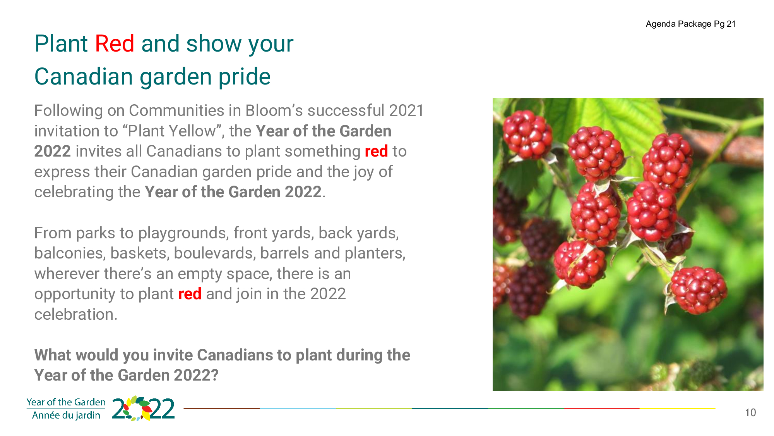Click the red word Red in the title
[115, 43]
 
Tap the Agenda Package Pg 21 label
[691, 24]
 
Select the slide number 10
[750, 413]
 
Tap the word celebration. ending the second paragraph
[76, 314]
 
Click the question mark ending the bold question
[215, 375]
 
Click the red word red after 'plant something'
[376, 152]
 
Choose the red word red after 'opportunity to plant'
[190, 294]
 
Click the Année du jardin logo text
[66, 415]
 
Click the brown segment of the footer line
[222, 408]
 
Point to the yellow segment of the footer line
[677, 408]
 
